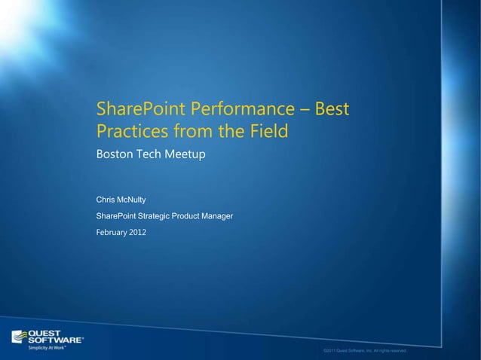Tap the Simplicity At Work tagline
pyautogui.click(x=44, y=348)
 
